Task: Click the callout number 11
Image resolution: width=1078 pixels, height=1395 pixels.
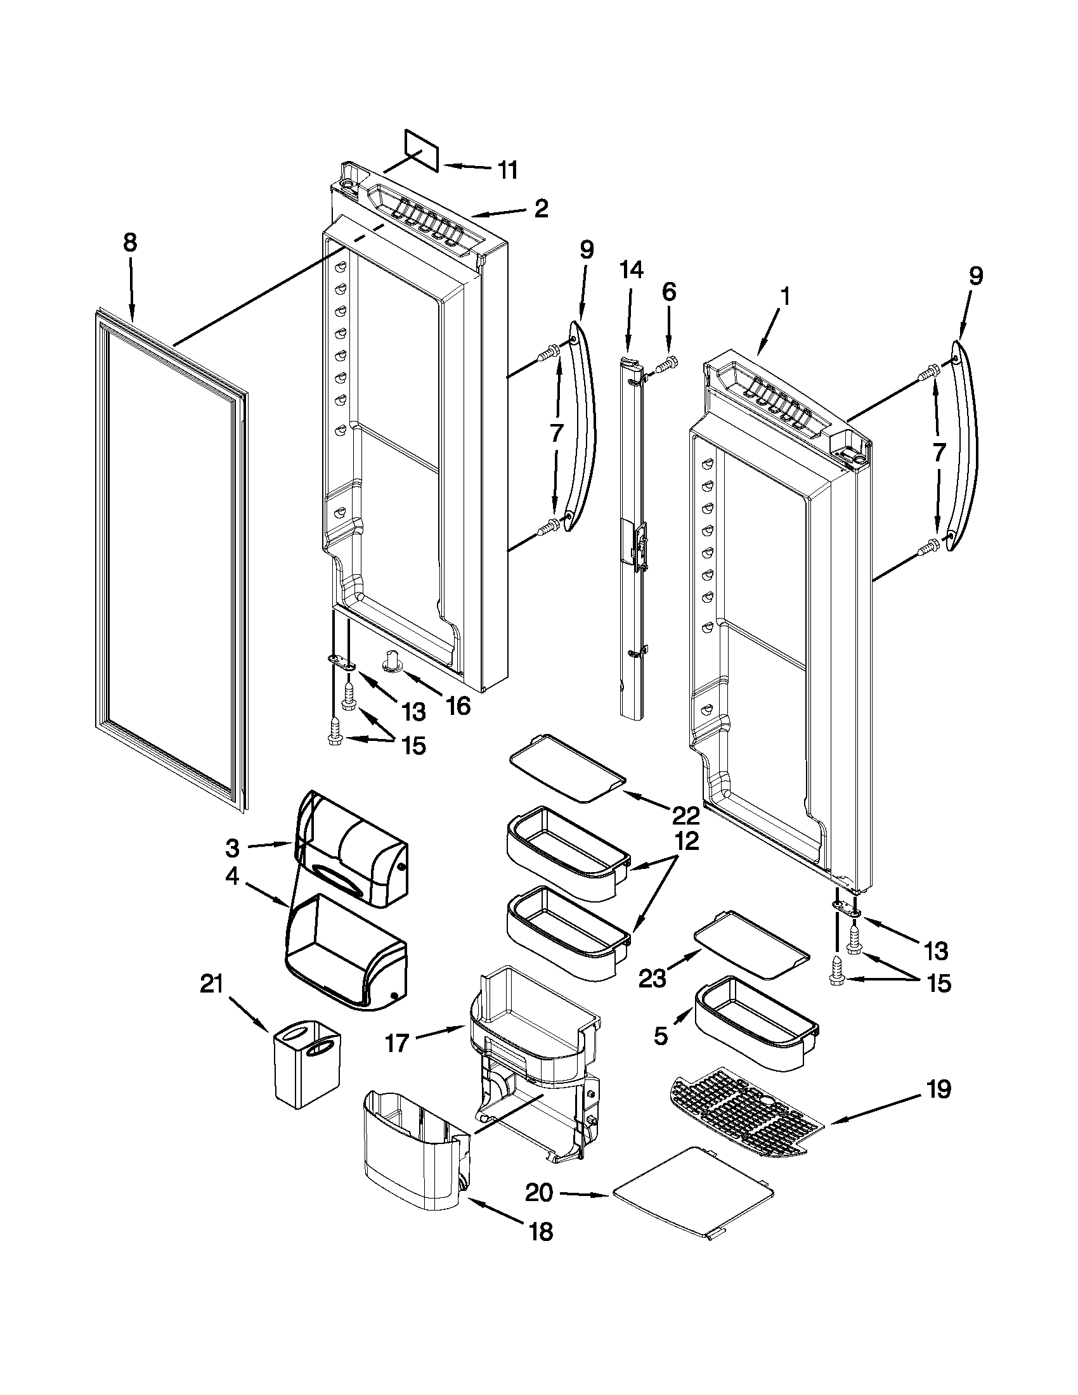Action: (x=507, y=170)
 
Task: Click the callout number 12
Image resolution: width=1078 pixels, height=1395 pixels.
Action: (x=685, y=841)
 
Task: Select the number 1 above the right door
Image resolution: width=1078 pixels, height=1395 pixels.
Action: (x=786, y=297)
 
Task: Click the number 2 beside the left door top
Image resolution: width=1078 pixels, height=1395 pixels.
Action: (x=542, y=209)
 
